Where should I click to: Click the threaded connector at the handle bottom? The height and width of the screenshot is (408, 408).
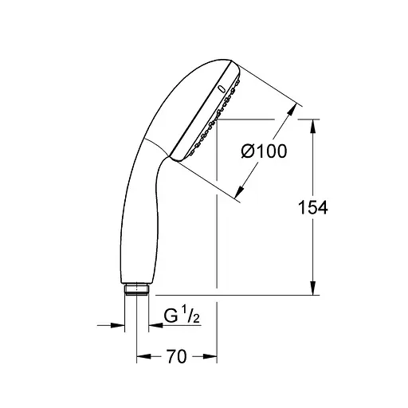136,288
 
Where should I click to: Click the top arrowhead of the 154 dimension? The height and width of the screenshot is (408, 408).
312,126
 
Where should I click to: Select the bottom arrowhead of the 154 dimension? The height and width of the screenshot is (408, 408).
312,289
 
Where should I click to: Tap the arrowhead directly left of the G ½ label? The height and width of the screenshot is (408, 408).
152,324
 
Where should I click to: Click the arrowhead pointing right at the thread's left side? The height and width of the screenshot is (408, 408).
120,324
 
